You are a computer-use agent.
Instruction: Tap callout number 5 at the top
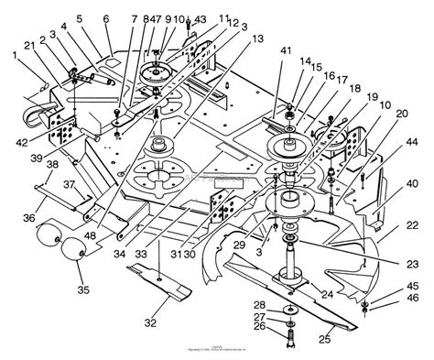(x=79, y=17)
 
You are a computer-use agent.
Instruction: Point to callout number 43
(x=201, y=19)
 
